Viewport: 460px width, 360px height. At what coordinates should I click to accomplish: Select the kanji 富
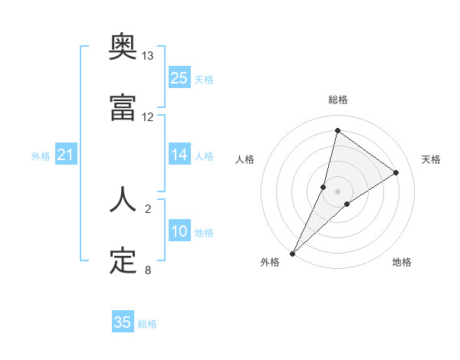pos(123,109)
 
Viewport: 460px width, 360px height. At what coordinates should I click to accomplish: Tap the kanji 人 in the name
pos(123,199)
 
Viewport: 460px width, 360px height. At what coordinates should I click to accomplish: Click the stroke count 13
pos(148,56)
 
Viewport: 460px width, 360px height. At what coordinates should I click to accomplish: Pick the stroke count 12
pos(148,117)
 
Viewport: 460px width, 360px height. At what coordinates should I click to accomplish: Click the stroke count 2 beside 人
pos(148,208)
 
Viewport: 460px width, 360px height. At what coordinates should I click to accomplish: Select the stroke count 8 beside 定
pos(148,270)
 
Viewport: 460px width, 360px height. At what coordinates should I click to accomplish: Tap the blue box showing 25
pos(179,78)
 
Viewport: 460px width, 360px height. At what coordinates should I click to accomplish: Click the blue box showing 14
pos(179,155)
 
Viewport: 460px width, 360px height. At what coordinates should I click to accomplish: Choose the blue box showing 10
pos(179,231)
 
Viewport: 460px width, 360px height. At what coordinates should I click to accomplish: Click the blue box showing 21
pos(66,155)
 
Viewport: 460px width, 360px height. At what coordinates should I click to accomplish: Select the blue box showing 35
pos(123,322)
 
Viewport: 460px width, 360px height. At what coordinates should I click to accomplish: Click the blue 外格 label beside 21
pos(41,156)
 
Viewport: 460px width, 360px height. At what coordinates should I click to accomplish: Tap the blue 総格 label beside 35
pos(147,324)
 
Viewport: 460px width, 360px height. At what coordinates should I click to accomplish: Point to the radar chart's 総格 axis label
pos(337,100)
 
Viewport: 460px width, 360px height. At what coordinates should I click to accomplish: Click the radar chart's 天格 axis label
pos(431,159)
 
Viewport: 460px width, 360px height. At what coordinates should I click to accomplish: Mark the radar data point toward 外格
pos(292,253)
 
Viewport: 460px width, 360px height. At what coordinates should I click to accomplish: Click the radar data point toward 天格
pos(396,172)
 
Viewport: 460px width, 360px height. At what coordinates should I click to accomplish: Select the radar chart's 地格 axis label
pos(402,262)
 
